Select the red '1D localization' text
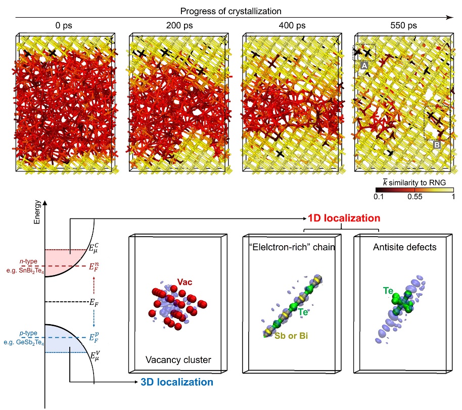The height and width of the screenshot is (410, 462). (344, 218)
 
